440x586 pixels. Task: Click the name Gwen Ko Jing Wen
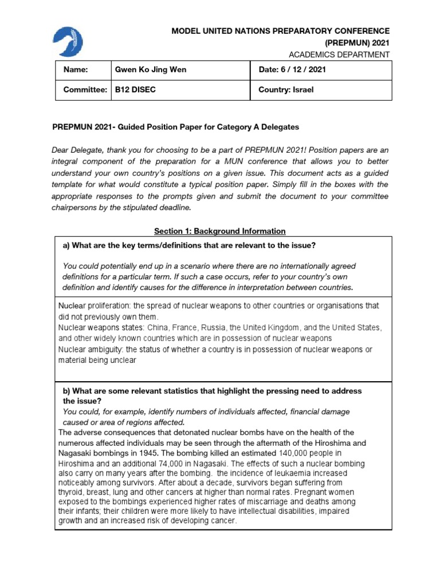coord(151,70)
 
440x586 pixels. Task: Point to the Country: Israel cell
coord(286,90)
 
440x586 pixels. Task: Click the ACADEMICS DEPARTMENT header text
coord(340,54)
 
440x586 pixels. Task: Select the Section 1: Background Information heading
coord(219,231)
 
